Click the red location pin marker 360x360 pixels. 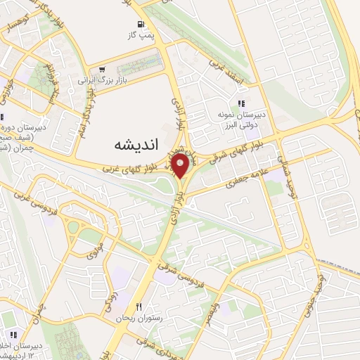[180, 167]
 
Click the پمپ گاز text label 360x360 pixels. [141, 34]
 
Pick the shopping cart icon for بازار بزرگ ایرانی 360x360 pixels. [103, 69]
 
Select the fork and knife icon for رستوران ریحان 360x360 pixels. [139, 307]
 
